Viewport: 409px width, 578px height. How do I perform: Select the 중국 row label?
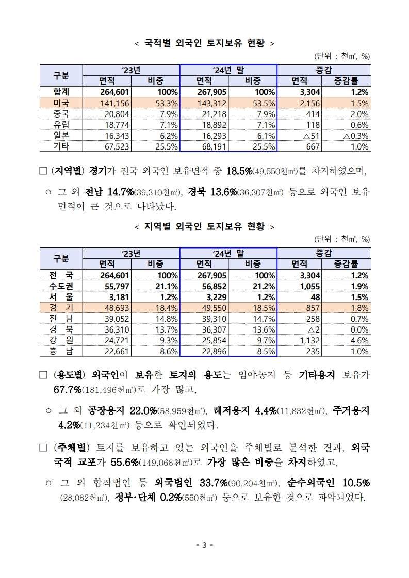pos(61,114)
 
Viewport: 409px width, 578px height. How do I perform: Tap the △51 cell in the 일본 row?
pos(311,136)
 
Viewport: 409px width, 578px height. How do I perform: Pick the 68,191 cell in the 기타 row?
pos(214,147)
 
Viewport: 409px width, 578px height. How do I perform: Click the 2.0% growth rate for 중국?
pos(359,114)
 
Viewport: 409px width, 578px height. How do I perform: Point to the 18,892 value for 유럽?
pos(214,125)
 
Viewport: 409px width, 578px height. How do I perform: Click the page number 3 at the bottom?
pos(205,545)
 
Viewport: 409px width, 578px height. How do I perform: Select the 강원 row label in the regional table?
pos(61,340)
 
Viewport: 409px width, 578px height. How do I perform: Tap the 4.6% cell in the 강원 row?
pos(359,341)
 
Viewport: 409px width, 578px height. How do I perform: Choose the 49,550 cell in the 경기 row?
pos(214,308)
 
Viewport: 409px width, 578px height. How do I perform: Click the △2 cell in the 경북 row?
pos(313,330)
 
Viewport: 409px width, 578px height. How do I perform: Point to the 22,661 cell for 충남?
pos(117,352)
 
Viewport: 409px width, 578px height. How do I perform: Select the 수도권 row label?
pos(61,286)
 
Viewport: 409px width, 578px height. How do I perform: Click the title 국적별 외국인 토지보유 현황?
pos(204,43)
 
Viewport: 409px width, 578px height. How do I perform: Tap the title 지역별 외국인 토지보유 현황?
pos(204,226)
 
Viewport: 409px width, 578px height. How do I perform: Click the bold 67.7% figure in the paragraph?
pos(68,390)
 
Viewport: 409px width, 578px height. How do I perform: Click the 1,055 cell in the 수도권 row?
pos(309,286)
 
